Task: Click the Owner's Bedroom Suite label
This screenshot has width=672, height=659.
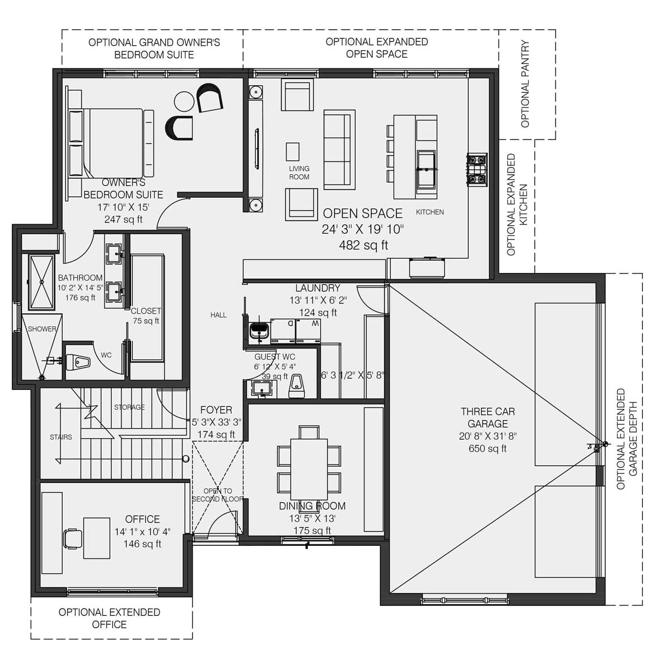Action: click(x=123, y=189)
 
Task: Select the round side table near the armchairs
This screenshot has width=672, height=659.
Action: click(x=184, y=101)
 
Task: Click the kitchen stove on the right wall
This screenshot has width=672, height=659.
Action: click(x=477, y=170)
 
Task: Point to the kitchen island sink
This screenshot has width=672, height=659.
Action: click(x=426, y=168)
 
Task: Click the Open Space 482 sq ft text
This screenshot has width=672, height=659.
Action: click(x=363, y=229)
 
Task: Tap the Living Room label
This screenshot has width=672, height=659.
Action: click(x=299, y=173)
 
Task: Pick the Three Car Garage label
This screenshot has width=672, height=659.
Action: click(x=488, y=417)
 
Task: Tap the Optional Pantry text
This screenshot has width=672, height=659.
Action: click(x=525, y=83)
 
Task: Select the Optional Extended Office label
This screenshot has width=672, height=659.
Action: click(x=109, y=618)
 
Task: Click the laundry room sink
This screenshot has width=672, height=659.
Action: click(x=259, y=329)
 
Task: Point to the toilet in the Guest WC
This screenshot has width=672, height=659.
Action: click(x=296, y=386)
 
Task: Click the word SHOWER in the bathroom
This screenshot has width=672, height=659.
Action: click(x=42, y=329)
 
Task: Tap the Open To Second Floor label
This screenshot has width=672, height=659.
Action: click(x=218, y=495)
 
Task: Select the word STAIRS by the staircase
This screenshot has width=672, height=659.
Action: click(x=60, y=437)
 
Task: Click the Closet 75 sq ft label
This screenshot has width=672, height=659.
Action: click(x=146, y=315)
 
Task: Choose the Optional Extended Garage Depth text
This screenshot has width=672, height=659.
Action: click(x=627, y=439)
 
